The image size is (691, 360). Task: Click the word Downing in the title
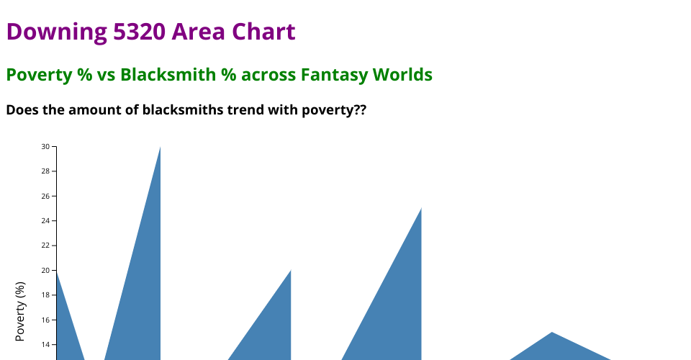coord(56,32)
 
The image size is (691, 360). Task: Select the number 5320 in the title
coord(139,32)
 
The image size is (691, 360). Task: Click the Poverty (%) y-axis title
coord(20,312)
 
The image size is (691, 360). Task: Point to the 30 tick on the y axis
coord(45,146)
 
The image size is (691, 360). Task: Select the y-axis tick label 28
coord(45,171)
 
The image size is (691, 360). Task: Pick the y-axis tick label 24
coord(45,221)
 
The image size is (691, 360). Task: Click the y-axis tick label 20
coord(45,271)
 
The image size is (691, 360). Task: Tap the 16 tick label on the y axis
coord(45,320)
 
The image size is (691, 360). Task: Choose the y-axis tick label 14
coord(45,345)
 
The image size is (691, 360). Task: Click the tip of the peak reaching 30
coord(160,146)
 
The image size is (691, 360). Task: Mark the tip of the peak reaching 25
coord(421,208)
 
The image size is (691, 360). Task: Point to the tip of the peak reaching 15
coord(552,332)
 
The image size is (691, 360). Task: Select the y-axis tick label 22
coord(45,246)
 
